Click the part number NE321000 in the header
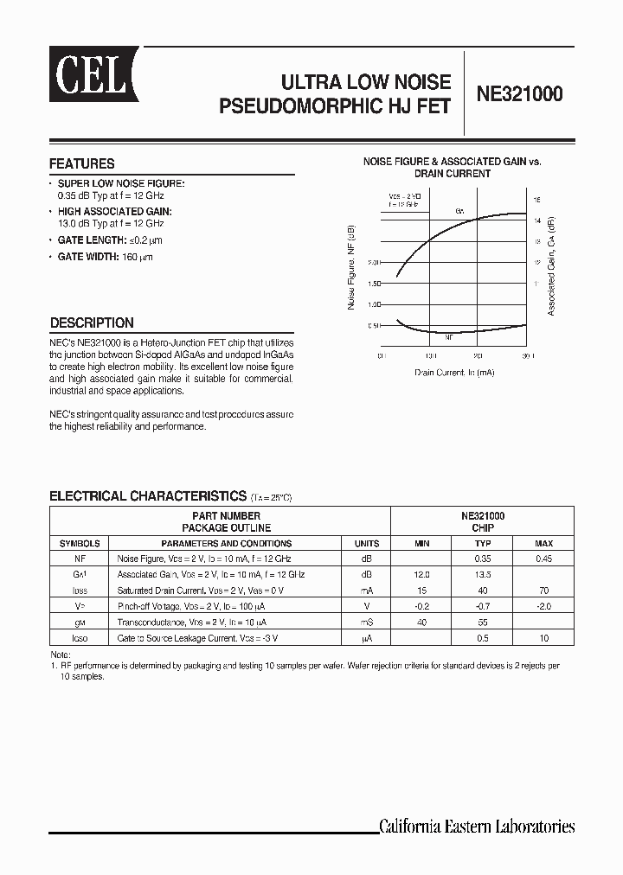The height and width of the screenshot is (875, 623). (519, 95)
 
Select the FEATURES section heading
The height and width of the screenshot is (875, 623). (82, 163)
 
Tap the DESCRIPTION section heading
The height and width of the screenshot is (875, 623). (92, 323)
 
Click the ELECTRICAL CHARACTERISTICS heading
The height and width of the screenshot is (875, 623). (148, 496)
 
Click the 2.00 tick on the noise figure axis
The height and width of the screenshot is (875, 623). (374, 262)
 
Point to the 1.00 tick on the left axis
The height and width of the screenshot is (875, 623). (374, 304)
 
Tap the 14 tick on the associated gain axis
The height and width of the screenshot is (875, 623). (536, 220)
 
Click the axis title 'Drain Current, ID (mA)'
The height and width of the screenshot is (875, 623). (454, 372)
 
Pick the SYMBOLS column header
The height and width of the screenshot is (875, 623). (80, 544)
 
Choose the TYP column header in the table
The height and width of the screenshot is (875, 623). (483, 544)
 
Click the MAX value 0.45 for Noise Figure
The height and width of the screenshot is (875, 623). (543, 559)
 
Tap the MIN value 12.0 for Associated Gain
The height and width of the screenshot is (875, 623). (421, 574)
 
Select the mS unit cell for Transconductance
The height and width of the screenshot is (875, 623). (367, 622)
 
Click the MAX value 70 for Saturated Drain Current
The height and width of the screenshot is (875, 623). (543, 590)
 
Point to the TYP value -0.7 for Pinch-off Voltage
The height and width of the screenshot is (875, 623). (483, 606)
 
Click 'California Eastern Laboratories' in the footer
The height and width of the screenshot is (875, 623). (477, 826)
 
